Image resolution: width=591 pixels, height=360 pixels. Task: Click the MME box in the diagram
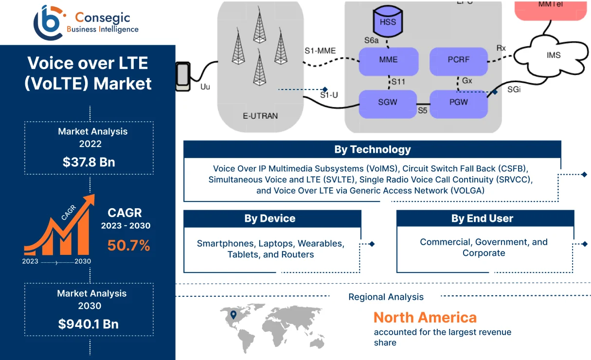(389, 60)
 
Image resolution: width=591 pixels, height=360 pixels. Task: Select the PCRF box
(458, 60)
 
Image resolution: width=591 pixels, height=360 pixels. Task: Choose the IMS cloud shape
(553, 55)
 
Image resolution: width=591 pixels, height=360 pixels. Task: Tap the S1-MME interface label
(320, 51)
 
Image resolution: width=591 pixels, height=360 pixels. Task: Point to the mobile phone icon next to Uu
(183, 76)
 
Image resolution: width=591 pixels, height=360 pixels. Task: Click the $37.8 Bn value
(89, 162)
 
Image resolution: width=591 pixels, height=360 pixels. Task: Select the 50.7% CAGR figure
(128, 246)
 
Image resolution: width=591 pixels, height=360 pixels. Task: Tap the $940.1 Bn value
(89, 324)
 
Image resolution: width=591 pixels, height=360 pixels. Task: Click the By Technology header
(372, 149)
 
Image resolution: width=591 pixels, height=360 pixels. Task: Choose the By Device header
(269, 218)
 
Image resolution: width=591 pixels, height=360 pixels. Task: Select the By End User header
(482, 218)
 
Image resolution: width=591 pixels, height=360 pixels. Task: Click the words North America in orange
(425, 318)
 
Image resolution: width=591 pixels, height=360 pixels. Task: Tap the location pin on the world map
(233, 315)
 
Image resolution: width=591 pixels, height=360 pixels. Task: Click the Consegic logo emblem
(48, 21)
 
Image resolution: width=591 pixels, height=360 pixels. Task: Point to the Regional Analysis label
(386, 297)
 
